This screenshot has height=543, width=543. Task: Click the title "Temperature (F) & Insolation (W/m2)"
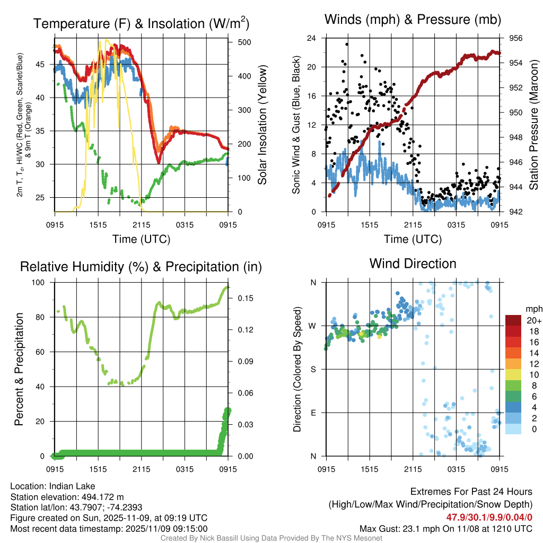coord(141,23)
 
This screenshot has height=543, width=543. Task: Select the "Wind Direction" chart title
coord(413,264)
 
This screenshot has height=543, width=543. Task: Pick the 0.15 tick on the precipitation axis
coord(240,298)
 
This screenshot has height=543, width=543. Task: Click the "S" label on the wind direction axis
coord(313,369)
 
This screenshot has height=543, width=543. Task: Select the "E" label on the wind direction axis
coord(313,413)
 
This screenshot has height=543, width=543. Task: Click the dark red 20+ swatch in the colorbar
coord(513,321)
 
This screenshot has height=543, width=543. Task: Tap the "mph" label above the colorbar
coord(532,309)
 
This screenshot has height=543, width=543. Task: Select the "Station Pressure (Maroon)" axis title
coord(534,125)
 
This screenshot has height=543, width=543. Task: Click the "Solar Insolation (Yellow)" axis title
coord(262,125)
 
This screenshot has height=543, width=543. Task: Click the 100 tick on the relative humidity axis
coord(43,283)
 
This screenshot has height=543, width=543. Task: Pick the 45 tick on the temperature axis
coord(43,64)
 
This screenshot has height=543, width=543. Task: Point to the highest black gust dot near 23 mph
coord(347,45)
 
